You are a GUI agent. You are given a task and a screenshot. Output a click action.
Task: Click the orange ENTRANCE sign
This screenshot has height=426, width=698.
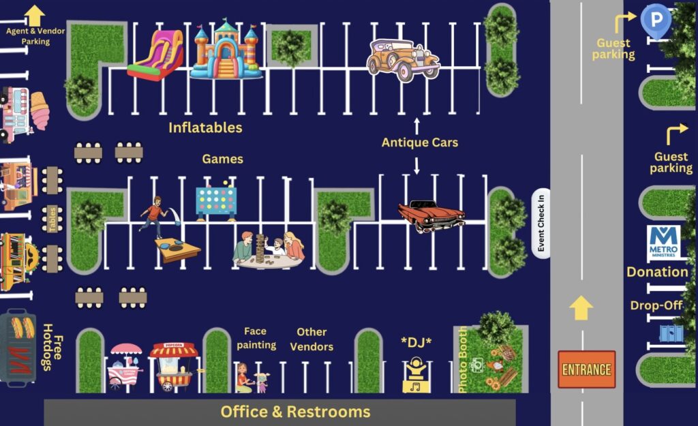(x=586, y=369)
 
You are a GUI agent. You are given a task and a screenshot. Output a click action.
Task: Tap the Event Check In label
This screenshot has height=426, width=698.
(x=541, y=224)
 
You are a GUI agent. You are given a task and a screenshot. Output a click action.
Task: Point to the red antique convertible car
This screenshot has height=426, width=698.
(x=431, y=215)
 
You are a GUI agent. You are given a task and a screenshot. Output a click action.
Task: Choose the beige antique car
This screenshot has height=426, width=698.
(x=402, y=60)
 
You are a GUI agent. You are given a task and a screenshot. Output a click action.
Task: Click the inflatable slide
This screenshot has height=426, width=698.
(x=157, y=55)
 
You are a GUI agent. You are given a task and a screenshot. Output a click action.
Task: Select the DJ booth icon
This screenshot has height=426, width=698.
(x=416, y=375)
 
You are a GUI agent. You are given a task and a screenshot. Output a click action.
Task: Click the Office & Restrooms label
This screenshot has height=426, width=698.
(x=295, y=412)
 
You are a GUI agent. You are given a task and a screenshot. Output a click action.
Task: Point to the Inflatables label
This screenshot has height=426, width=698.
(x=205, y=127)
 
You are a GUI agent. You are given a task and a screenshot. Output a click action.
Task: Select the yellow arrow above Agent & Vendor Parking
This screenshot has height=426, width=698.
(x=34, y=15)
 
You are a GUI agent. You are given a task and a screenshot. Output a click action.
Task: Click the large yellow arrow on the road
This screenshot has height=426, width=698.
(x=581, y=307)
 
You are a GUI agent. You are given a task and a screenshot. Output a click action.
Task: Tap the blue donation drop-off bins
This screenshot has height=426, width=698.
(x=669, y=333)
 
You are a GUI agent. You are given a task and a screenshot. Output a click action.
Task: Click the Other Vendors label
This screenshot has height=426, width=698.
(x=312, y=339)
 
